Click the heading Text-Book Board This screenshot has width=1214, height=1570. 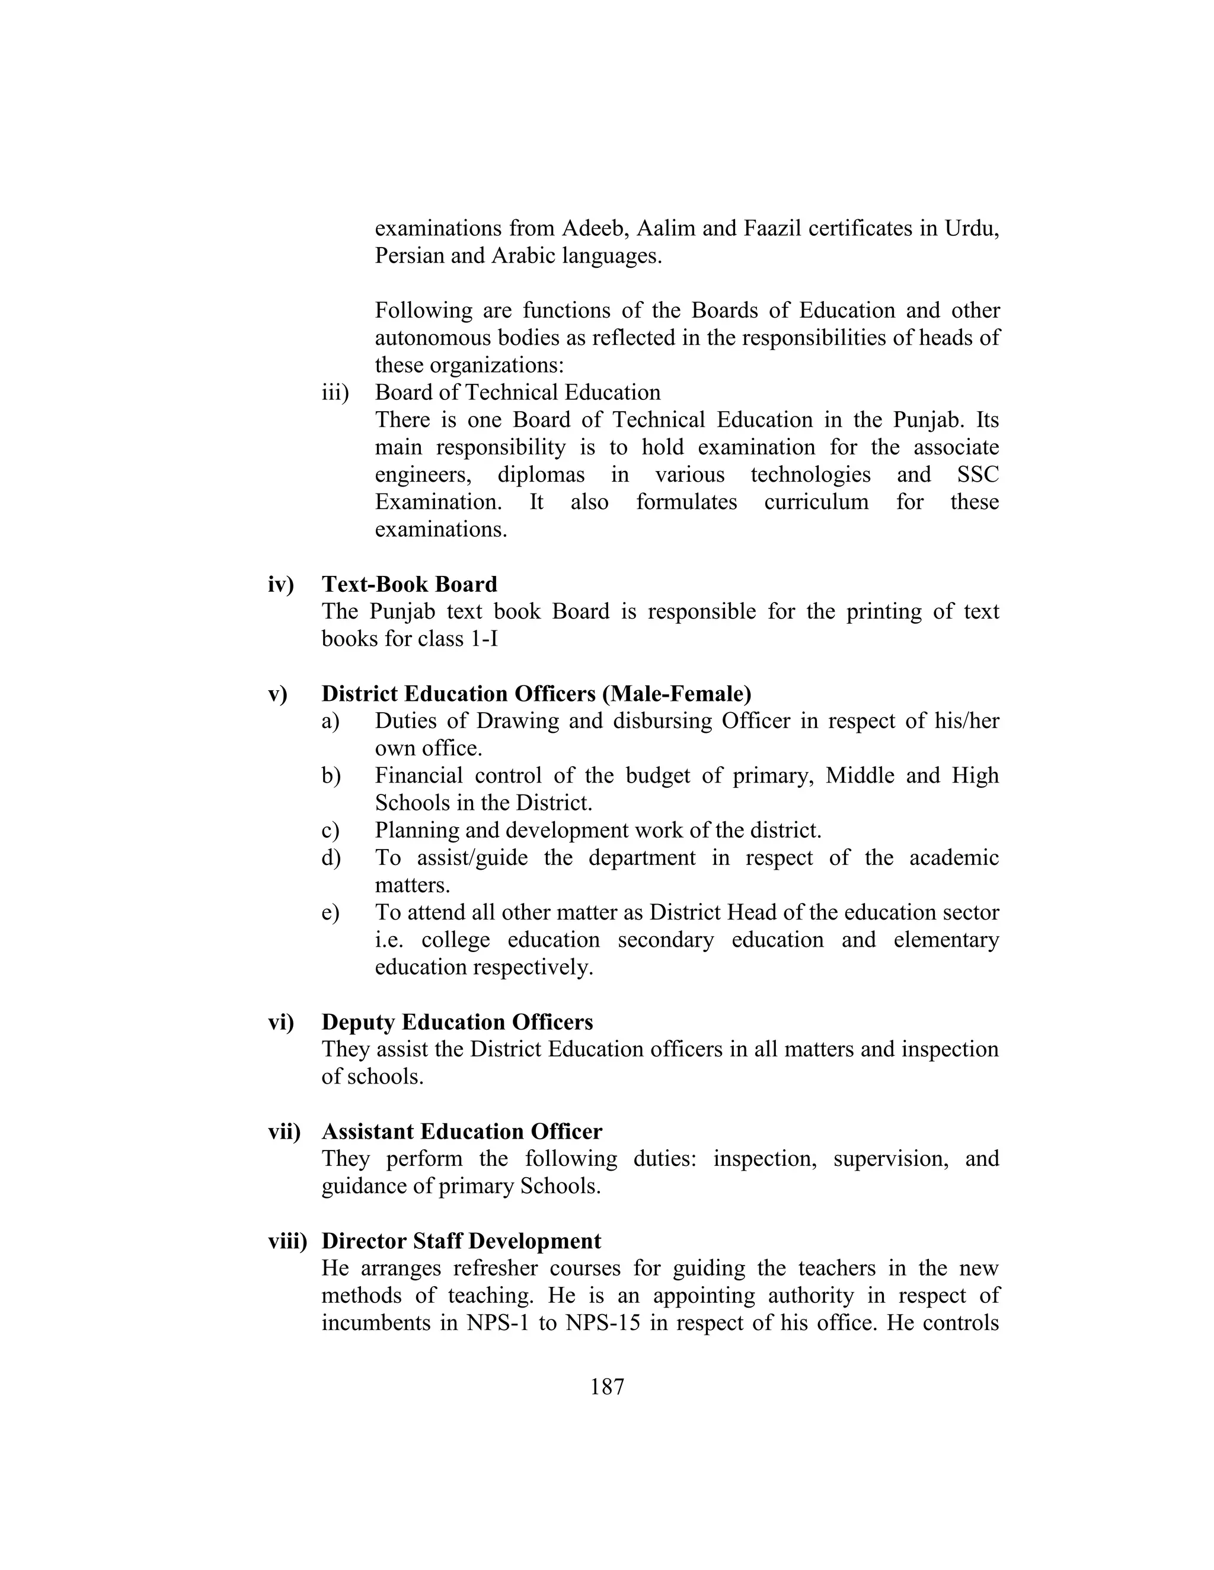[409, 584]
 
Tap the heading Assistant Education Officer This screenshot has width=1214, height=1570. [462, 1132]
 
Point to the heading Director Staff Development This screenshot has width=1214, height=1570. [461, 1241]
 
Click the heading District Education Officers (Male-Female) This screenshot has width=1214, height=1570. [536, 694]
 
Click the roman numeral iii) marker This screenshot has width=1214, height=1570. [334, 392]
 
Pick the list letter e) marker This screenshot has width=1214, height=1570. [330, 913]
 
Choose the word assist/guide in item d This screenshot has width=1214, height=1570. [472, 858]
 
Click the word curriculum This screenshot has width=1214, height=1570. [816, 502]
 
